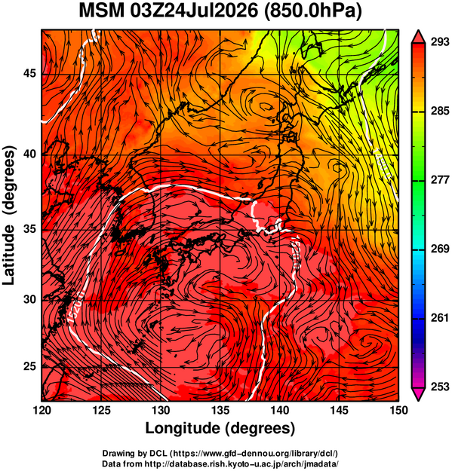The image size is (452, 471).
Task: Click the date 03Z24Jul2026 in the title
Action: coord(194,11)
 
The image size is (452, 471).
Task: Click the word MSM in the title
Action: coord(102,11)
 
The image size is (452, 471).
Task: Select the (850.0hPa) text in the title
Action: coord(312,11)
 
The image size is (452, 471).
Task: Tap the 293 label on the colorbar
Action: coord(440,43)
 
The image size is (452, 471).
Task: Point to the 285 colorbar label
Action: coord(440,111)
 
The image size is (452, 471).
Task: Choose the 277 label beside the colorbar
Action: coord(440,180)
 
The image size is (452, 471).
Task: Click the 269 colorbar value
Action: coord(440,249)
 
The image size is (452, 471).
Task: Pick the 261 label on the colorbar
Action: coord(440,317)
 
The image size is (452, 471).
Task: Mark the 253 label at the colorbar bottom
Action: coord(440,387)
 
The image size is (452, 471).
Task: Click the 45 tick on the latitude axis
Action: coord(29,73)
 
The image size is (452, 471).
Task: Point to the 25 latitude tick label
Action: coord(29,367)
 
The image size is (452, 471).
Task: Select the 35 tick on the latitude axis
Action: coord(29,229)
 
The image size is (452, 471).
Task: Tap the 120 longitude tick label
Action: coord(42,410)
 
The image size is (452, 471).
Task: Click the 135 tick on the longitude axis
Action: coord(221,410)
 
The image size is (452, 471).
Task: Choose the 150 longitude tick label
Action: coord(398,410)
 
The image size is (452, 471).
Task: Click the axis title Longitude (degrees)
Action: coord(220,429)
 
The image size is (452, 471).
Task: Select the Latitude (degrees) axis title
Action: coord(9,216)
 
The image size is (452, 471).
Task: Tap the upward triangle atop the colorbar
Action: coord(418,37)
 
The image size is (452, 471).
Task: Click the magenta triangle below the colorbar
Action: coord(418,394)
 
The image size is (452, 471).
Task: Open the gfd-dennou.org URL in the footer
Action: coord(255,453)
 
